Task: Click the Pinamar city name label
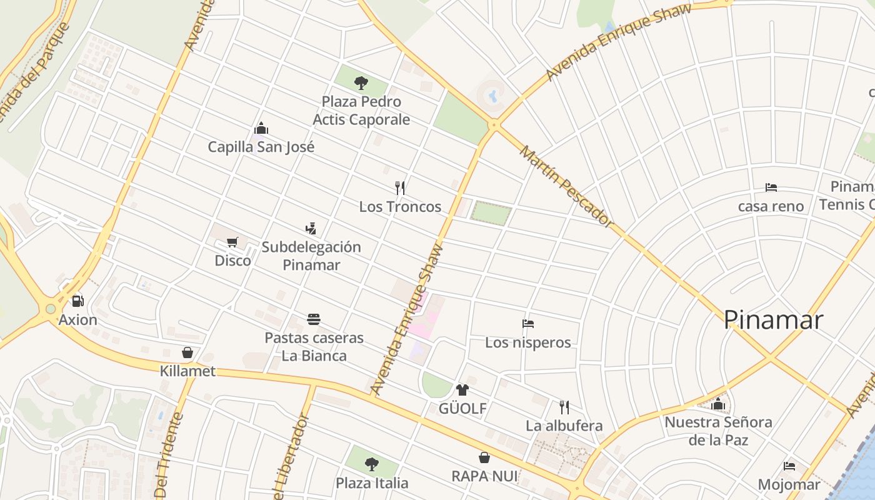pyautogui.click(x=773, y=320)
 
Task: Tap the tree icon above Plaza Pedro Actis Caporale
pyautogui.click(x=361, y=82)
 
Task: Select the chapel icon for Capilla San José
pyautogui.click(x=261, y=128)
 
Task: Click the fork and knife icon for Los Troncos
pyautogui.click(x=400, y=187)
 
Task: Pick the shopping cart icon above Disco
pyautogui.click(x=232, y=242)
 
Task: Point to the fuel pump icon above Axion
pyautogui.click(x=78, y=301)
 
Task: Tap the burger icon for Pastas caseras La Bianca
pyautogui.click(x=314, y=319)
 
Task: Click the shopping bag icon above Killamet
pyautogui.click(x=187, y=352)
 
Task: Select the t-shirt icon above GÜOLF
pyautogui.click(x=462, y=390)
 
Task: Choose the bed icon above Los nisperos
pyautogui.click(x=528, y=324)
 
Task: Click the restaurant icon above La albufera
pyautogui.click(x=564, y=407)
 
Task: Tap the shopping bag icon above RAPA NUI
pyautogui.click(x=484, y=457)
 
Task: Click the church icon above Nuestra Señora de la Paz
pyautogui.click(x=718, y=404)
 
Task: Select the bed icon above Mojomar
pyautogui.click(x=789, y=466)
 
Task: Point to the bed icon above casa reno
pyautogui.click(x=771, y=187)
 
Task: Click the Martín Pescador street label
pyautogui.click(x=566, y=187)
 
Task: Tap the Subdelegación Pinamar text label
pyautogui.click(x=311, y=256)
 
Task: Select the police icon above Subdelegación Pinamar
pyautogui.click(x=311, y=228)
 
